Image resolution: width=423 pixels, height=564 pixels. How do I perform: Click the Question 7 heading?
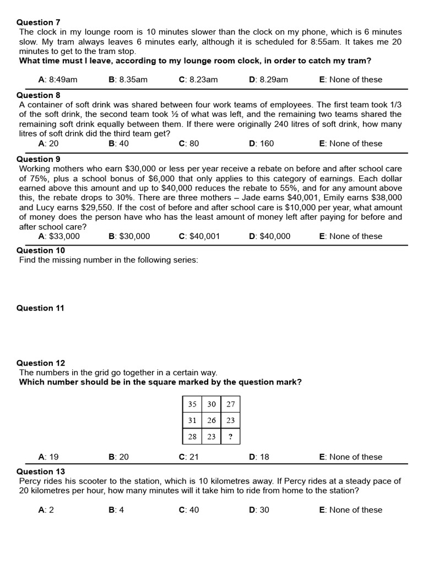pos(39,23)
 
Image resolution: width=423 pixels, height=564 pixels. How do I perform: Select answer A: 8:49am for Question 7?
pos(57,79)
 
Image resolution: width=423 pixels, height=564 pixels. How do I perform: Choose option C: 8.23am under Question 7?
pos(198,79)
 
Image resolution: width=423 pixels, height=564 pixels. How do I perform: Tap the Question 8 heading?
pos(39,95)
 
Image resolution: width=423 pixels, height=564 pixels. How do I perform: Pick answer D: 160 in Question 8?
pos(261,143)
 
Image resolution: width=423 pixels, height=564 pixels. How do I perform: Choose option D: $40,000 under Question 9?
pos(269,236)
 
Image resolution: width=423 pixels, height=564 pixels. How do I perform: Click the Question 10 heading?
pos(41,251)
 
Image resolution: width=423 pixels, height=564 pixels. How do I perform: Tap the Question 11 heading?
pos(40,308)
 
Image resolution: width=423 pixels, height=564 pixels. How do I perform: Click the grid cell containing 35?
pos(192,404)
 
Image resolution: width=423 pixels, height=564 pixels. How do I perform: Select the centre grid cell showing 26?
pos(211,420)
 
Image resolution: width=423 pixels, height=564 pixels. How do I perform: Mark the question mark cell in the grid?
pos(230,436)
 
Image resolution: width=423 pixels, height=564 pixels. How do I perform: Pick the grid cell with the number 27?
pos(230,404)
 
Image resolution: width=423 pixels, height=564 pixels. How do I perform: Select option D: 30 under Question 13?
pos(259,509)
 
